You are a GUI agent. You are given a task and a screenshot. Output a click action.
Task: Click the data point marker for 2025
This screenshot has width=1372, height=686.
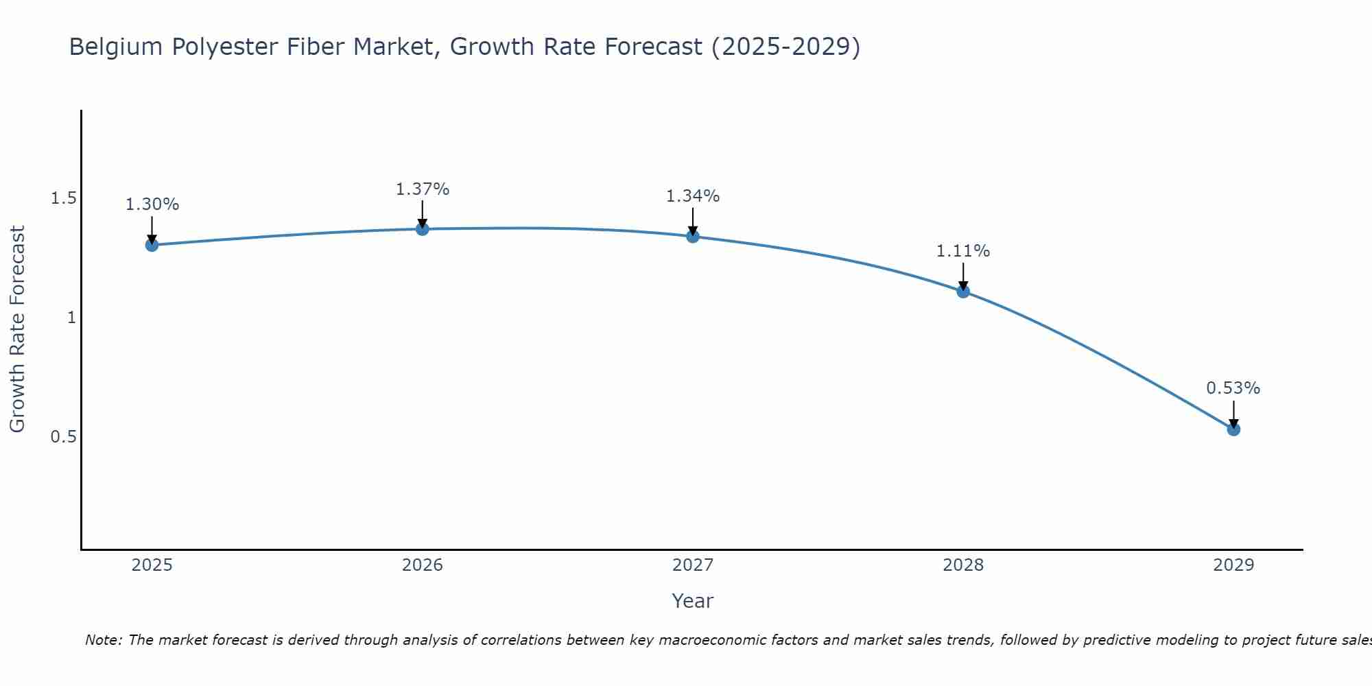pos(152,245)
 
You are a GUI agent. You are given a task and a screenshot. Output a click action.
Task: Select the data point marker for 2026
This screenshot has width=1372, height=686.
pos(423,228)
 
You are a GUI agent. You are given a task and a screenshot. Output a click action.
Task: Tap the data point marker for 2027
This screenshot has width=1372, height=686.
pos(693,236)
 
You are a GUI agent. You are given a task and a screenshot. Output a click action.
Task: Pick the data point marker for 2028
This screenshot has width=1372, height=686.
pos(963,291)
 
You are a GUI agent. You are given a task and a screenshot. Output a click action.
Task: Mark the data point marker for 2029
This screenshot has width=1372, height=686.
pos(1233,429)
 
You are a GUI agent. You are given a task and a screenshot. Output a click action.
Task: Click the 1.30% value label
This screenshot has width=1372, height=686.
pos(152,204)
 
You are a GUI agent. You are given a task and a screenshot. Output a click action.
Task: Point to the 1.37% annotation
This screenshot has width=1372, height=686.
pos(423,189)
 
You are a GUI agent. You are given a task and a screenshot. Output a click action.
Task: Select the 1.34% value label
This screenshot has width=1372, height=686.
pos(693,196)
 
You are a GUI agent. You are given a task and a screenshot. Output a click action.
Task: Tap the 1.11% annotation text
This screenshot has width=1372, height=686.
pos(963,251)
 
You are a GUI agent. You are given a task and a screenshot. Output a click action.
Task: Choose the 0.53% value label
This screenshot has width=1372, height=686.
pos(1233,388)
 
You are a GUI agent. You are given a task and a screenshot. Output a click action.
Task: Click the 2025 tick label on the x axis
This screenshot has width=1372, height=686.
pos(152,565)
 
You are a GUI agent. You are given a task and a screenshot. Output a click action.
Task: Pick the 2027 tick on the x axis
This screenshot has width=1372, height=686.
pos(693,565)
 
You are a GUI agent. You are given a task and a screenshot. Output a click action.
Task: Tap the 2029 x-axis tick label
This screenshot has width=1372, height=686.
pos(1233,565)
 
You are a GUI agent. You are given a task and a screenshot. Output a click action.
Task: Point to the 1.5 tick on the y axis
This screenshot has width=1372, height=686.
pos(63,199)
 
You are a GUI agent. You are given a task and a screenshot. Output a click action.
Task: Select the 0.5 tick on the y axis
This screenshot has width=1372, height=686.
pos(63,437)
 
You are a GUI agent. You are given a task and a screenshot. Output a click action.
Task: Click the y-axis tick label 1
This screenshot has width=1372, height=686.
pos(71,318)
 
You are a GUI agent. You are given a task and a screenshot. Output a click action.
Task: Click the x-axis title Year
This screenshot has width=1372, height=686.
pos(693,601)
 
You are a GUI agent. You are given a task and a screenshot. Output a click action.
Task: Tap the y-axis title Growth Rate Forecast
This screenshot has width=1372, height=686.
pos(17,329)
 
